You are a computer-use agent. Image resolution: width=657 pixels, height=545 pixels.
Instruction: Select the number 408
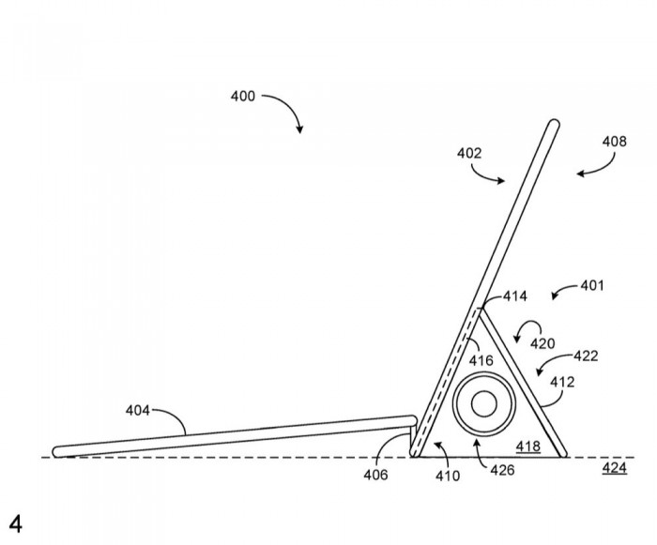[616, 143]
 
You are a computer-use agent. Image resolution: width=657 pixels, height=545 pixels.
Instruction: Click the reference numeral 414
[514, 296]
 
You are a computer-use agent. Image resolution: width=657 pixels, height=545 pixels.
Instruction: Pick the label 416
[481, 358]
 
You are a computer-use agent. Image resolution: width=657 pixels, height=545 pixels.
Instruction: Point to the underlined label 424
[615, 467]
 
